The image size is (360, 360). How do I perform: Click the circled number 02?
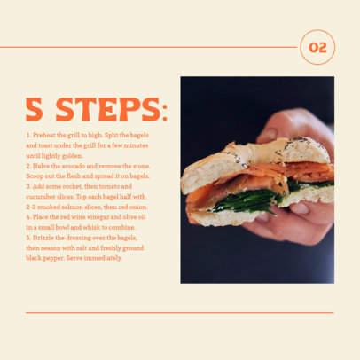click(317, 47)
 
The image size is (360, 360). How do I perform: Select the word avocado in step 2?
click(82, 166)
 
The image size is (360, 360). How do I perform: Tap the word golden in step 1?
click(71, 155)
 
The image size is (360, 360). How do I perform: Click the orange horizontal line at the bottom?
click(177, 312)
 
